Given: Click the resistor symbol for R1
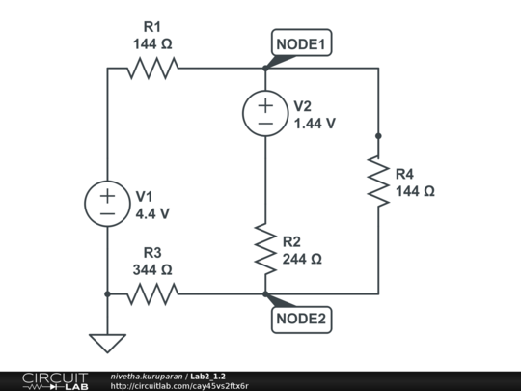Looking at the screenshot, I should (x=152, y=68).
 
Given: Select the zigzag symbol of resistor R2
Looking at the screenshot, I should (x=264, y=248).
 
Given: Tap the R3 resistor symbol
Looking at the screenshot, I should (x=152, y=293).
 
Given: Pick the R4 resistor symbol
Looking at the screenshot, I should (x=378, y=181).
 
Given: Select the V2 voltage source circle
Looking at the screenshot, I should (x=264, y=113).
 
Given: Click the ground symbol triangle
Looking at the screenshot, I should (x=107, y=343).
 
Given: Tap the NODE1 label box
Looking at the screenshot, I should (x=304, y=44).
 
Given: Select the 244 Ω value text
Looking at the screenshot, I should (x=302, y=259).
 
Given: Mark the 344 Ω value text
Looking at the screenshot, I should (x=152, y=269).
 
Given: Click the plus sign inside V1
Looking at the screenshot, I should (x=107, y=195).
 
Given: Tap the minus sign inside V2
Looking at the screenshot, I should (x=264, y=123).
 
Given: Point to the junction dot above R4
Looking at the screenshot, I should (x=378, y=136).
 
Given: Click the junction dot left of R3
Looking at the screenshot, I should (x=107, y=293).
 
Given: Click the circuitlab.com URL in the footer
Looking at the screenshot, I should (x=179, y=386).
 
